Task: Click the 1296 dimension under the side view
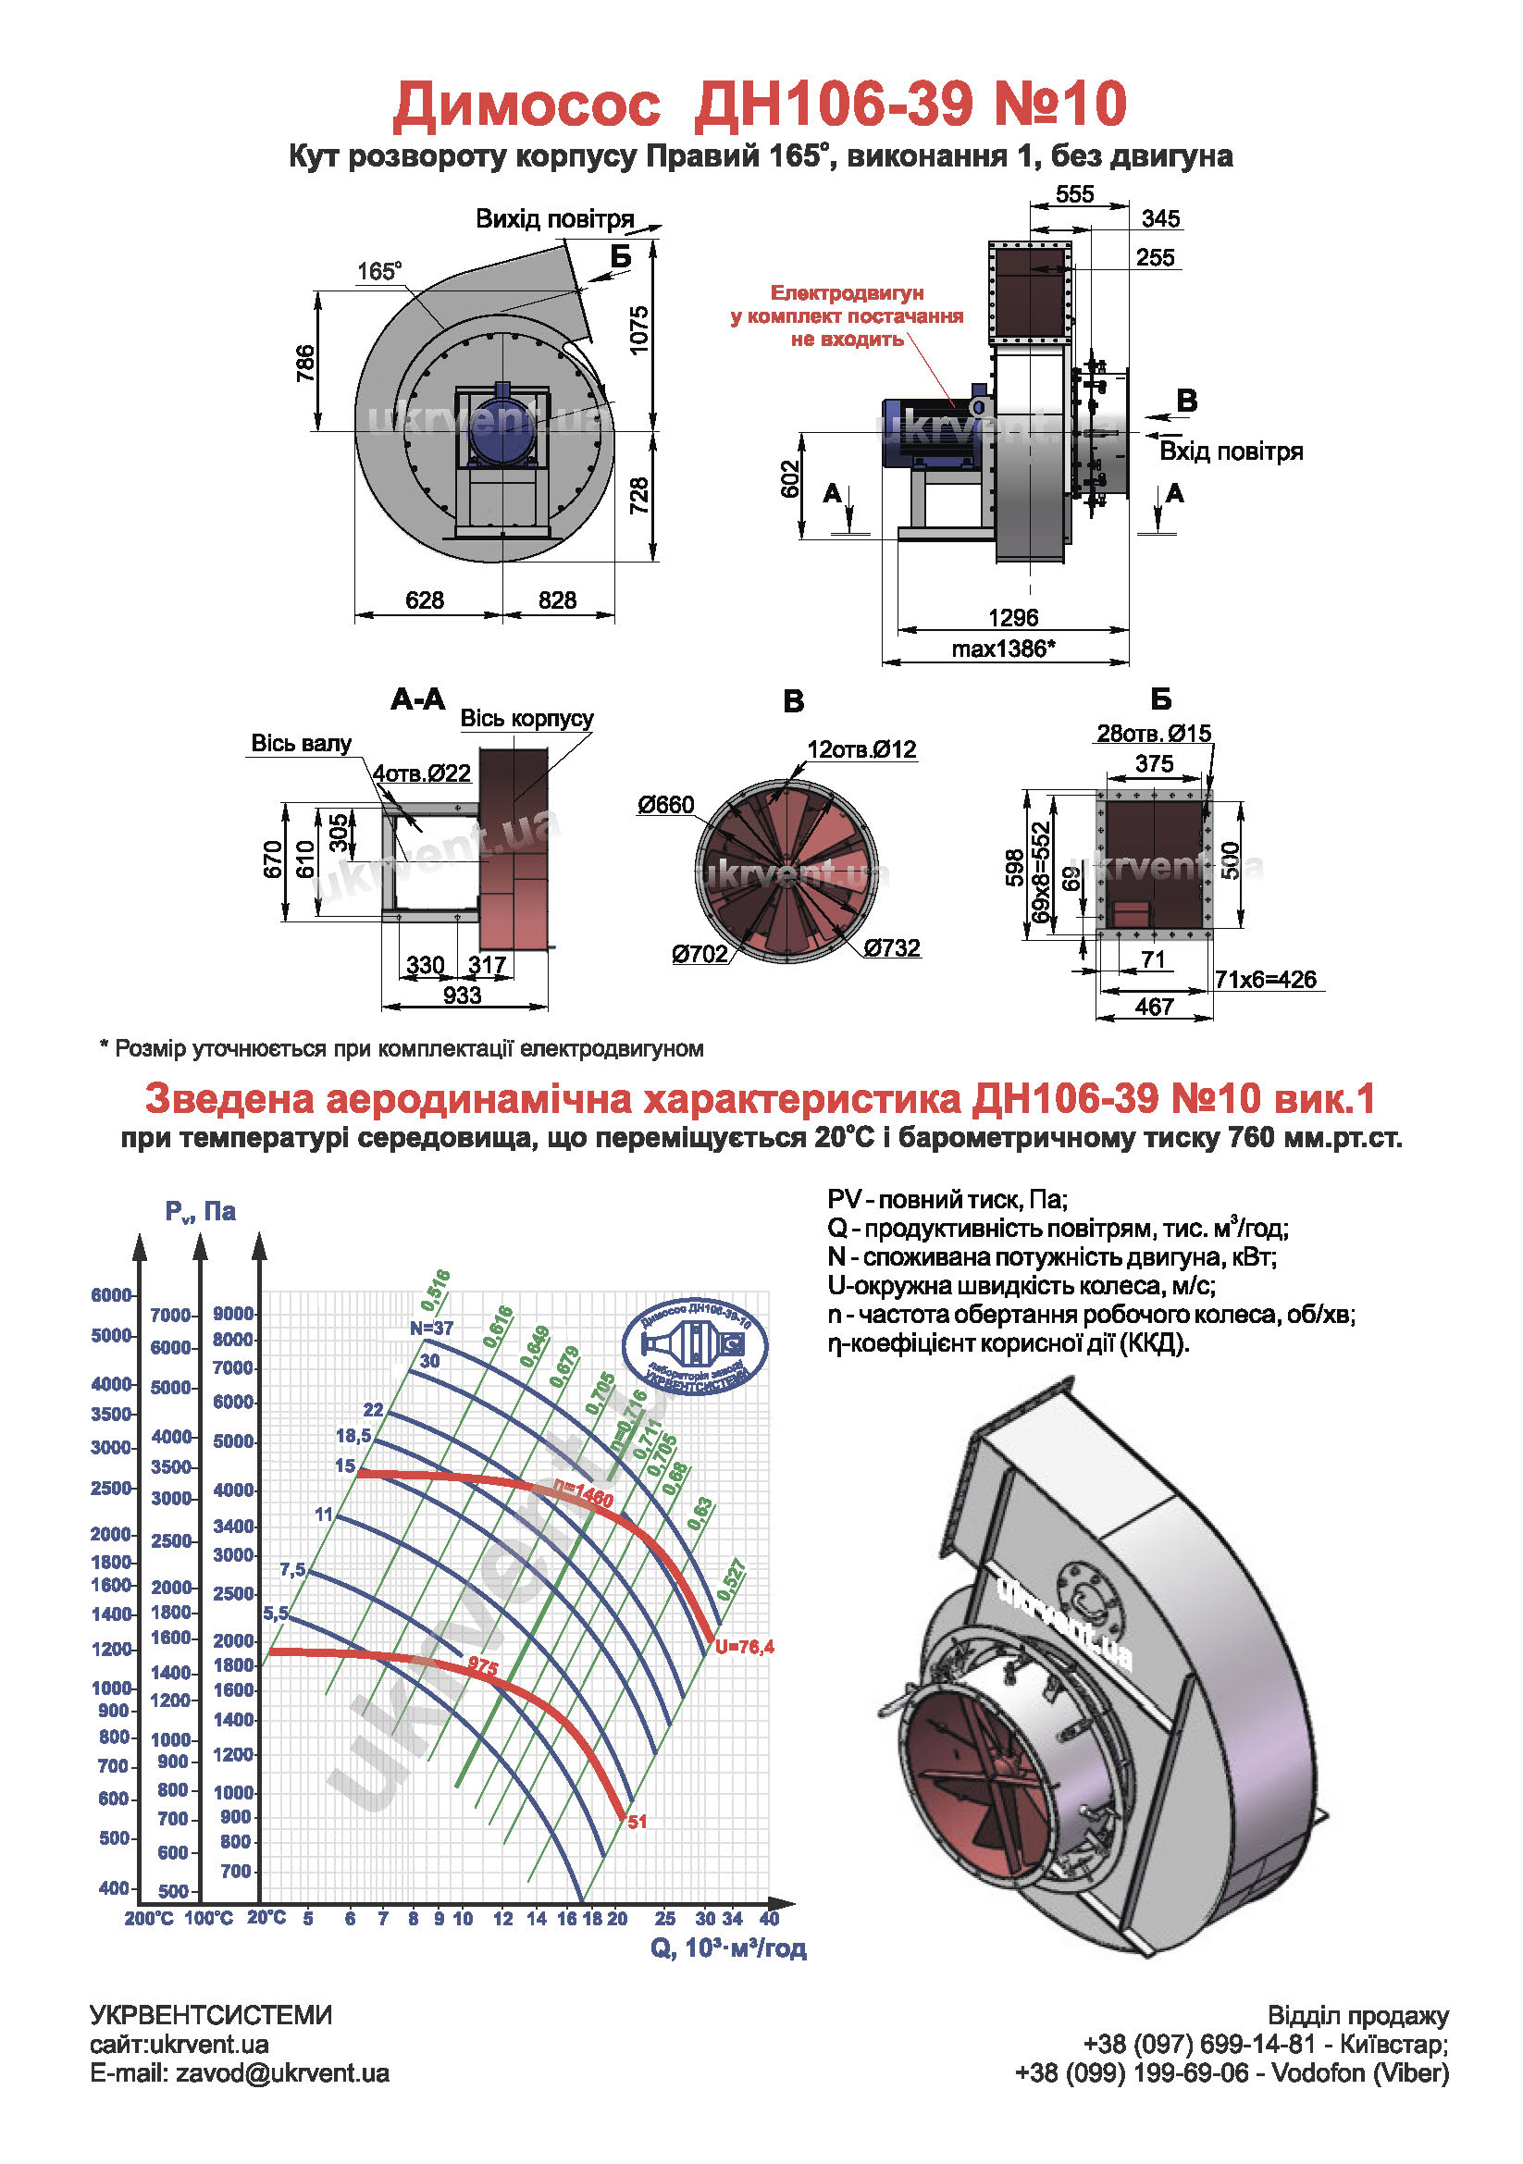click(1012, 617)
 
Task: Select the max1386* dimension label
click(1003, 649)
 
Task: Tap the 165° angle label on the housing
click(378, 271)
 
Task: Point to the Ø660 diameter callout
click(665, 805)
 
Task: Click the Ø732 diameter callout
click(892, 947)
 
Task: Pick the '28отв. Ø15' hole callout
click(1154, 734)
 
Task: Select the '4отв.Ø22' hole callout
click(421, 773)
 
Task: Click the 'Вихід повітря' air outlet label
click(554, 218)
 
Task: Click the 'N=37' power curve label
click(432, 1328)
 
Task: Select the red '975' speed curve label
click(483, 1666)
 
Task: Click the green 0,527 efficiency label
click(731, 1580)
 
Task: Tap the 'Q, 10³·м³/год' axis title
click(727, 1948)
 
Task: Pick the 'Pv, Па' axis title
click(200, 1211)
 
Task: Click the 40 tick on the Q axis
click(769, 1918)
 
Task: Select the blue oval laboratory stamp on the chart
click(696, 1347)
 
